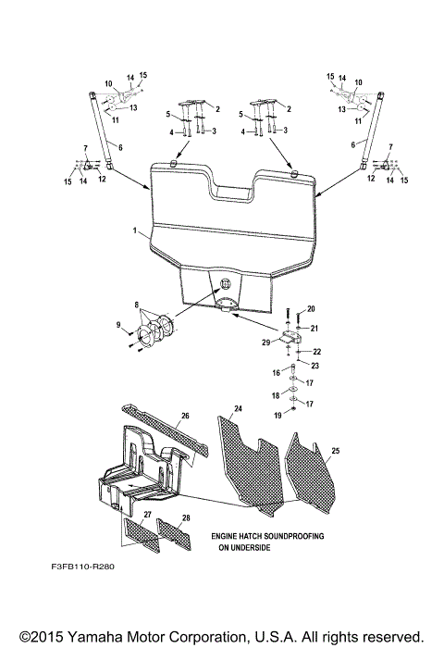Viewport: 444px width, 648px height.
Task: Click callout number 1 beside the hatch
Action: [134, 229]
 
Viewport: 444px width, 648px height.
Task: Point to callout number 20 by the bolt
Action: [311, 308]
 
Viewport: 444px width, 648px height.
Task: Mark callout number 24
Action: [238, 407]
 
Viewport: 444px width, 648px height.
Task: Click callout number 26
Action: [185, 416]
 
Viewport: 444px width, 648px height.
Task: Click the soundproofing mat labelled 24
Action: [250, 458]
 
